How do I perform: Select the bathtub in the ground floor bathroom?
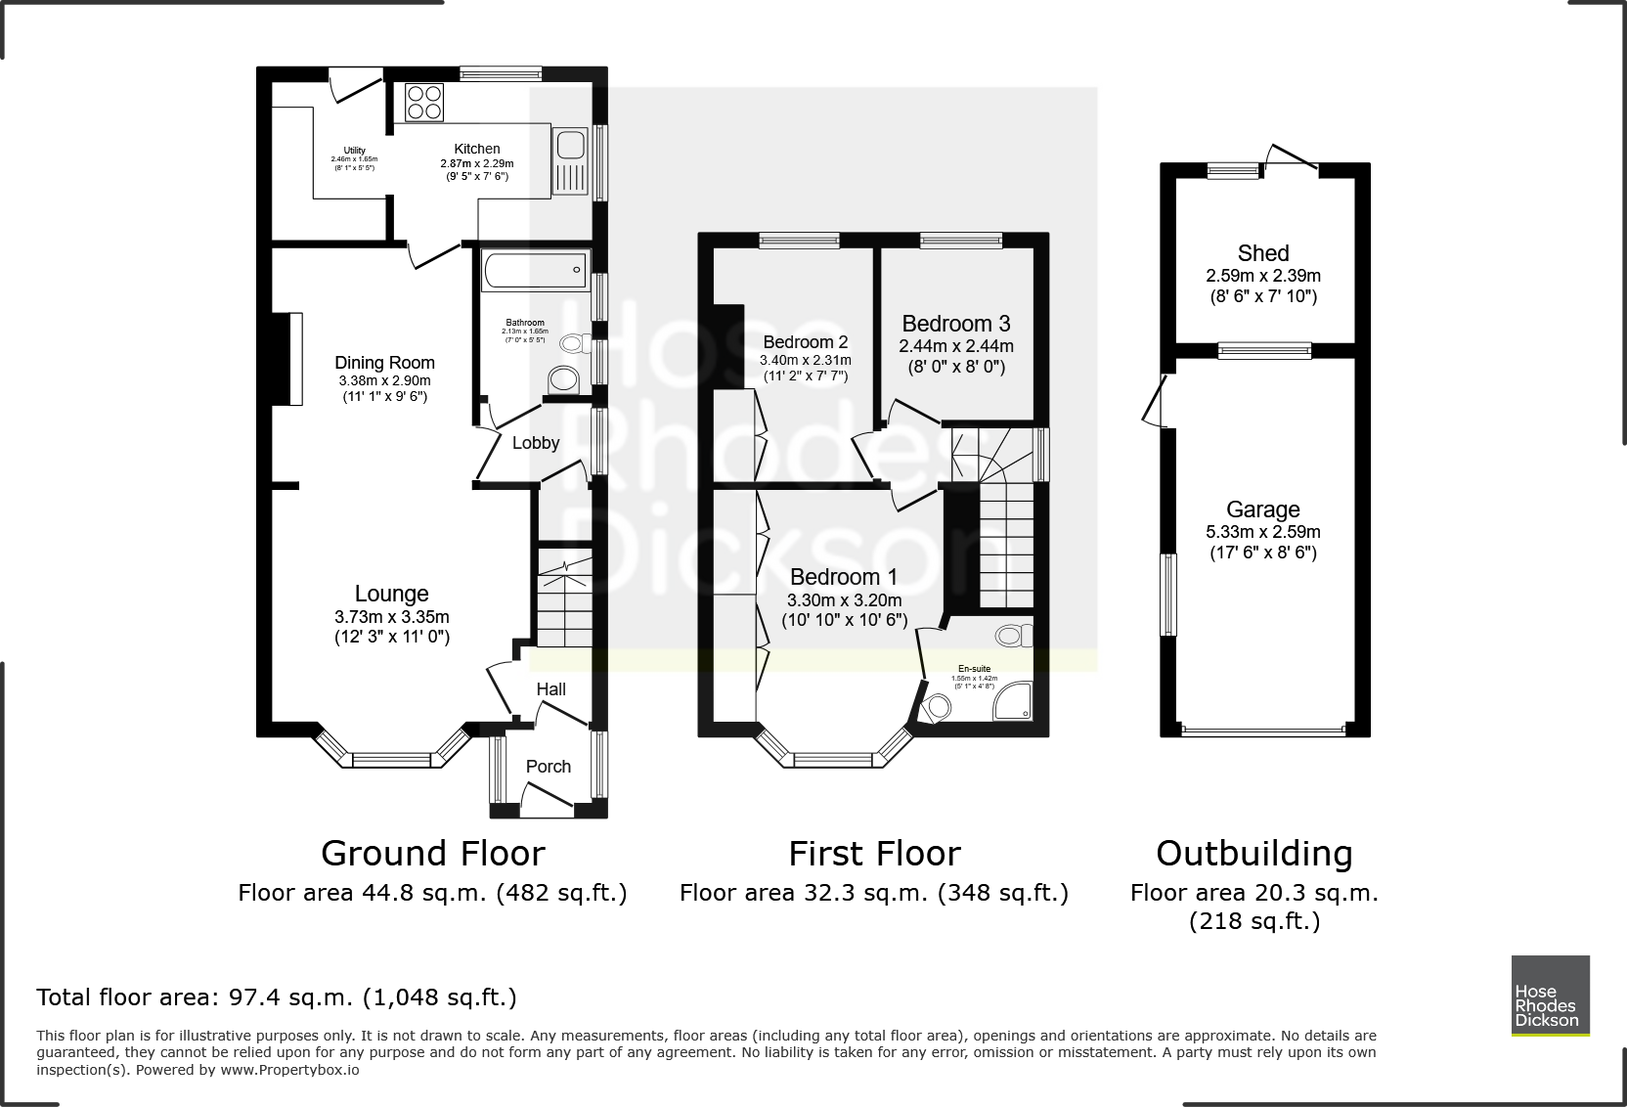(535, 270)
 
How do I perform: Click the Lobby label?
(536, 443)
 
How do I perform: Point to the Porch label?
(548, 767)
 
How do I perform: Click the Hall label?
(550, 689)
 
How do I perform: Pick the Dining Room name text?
(384, 363)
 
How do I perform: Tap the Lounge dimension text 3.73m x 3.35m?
(391, 617)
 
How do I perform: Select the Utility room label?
(354, 151)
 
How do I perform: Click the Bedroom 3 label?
(955, 324)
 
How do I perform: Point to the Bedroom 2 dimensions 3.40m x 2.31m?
(805, 360)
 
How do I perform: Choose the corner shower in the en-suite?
(1013, 701)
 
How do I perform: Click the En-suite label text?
(973, 669)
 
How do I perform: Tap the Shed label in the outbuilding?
(1262, 253)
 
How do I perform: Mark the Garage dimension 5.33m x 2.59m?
(1262, 532)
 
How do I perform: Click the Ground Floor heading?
(432, 854)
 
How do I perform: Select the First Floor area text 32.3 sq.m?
(873, 893)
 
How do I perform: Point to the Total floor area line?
(277, 997)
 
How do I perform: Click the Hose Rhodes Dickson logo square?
(1550, 995)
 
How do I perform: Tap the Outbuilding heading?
(1253, 854)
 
